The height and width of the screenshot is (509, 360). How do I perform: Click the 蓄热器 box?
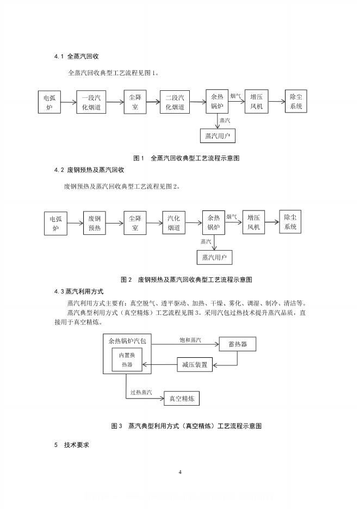(237, 344)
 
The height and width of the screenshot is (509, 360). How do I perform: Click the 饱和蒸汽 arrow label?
(190, 340)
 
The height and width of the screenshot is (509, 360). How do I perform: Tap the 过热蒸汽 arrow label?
(141, 392)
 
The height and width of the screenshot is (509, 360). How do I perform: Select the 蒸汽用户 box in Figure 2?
(214, 257)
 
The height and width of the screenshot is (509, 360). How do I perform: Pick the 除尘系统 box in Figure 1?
(296, 101)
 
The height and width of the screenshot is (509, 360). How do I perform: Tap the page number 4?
(180, 471)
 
